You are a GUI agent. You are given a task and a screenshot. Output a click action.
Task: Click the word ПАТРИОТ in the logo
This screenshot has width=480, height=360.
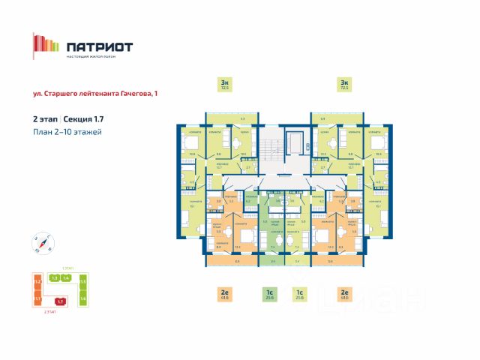point(100,46)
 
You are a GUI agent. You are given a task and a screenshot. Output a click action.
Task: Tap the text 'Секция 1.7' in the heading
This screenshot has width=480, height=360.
point(85,119)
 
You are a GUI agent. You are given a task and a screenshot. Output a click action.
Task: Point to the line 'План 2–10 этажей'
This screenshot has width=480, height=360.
point(67,132)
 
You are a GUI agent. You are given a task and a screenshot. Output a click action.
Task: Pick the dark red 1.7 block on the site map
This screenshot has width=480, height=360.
point(61,301)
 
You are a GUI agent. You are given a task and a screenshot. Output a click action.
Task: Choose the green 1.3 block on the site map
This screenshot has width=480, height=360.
point(54,278)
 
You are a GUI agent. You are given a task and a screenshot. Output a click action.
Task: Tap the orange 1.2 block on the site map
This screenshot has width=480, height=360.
point(37,282)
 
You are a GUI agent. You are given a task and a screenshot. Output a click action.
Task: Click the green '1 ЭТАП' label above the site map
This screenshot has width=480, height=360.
point(67,267)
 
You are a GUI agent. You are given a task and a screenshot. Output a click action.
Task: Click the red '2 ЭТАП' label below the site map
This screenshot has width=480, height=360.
point(50,311)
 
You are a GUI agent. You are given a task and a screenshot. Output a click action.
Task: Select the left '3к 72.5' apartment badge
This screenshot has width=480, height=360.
point(224,84)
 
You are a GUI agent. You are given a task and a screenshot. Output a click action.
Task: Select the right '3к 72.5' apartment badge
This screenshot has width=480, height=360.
point(344,84)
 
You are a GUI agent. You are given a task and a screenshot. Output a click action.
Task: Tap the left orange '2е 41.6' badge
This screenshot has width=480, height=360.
point(224,295)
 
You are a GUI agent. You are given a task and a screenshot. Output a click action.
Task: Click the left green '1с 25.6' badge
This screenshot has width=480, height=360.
point(269,295)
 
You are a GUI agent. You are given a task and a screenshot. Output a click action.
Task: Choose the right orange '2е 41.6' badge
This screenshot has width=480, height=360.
point(344,295)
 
